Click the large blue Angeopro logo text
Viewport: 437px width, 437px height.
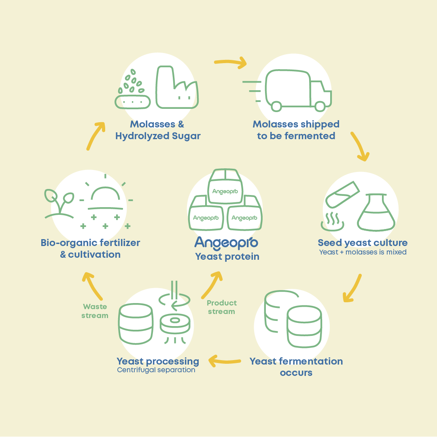226,242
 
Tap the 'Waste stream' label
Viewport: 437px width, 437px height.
95,311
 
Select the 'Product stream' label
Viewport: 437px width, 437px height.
221,307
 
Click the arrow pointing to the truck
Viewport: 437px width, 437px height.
231,62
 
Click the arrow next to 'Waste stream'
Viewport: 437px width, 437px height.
92,286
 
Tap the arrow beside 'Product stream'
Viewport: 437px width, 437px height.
212,284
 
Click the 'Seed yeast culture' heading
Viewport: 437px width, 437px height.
363,243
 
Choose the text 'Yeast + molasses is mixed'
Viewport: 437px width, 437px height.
363,252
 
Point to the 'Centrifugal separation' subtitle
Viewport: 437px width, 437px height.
156,370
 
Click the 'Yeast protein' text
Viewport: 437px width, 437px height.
227,257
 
